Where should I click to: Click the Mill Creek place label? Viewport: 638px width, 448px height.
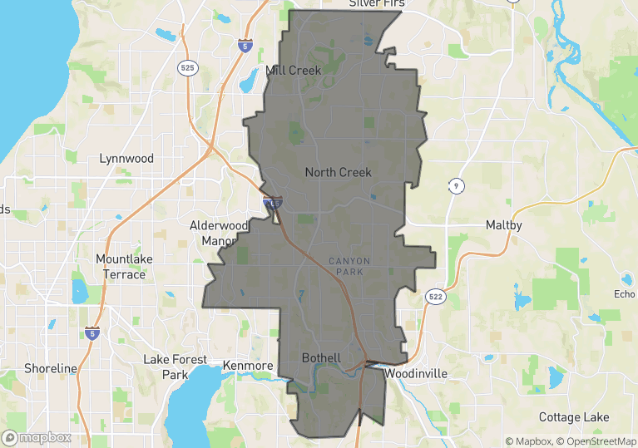coord(293,71)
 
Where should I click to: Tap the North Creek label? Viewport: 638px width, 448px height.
coord(338,172)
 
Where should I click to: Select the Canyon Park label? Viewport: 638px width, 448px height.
coord(349,266)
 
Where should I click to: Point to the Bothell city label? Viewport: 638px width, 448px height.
coord(321,358)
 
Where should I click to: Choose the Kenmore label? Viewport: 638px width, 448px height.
coord(248,366)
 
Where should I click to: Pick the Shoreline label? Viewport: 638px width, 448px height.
coord(50,368)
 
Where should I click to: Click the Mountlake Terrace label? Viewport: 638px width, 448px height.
coord(124,266)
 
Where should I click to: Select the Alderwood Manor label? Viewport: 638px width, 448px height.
coord(220,234)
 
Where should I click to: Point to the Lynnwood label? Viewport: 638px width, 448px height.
coord(126,158)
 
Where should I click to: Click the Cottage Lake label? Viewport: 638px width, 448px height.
coord(574,417)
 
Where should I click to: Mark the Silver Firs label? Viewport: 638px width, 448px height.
coord(376,4)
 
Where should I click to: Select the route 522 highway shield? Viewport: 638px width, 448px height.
coord(434,297)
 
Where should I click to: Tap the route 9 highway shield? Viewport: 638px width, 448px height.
coord(455,185)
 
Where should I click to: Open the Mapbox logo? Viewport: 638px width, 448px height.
coord(37,437)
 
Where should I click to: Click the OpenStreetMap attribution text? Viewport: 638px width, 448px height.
coord(597,441)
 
